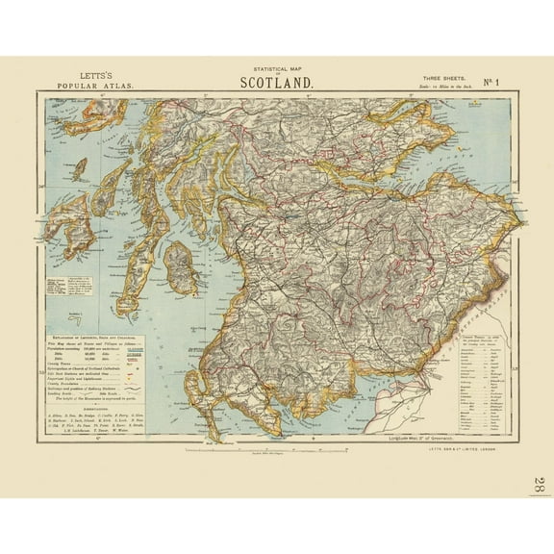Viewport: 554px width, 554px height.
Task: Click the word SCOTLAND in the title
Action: tap(276, 83)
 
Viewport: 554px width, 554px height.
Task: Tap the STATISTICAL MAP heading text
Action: tap(276, 68)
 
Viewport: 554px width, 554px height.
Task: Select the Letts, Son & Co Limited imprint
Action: tap(478, 460)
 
